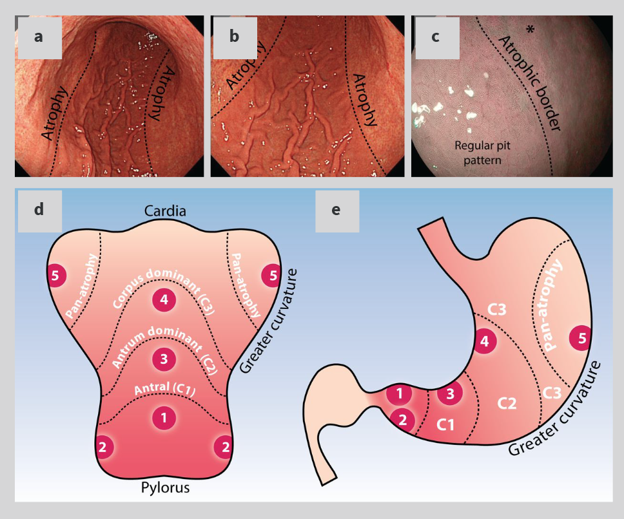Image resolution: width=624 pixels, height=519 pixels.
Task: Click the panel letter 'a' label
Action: [38, 37]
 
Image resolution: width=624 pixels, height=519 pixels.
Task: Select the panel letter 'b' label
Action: [234, 36]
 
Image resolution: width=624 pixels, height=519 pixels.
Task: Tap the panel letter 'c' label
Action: [435, 37]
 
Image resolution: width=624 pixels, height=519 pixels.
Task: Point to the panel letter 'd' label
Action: [39, 209]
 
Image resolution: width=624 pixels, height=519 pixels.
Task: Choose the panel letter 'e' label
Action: [336, 210]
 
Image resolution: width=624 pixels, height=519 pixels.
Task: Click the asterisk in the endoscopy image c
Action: [530, 30]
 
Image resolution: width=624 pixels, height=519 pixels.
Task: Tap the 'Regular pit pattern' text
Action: [482, 153]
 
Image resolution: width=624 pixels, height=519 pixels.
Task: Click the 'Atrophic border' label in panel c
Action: [529, 83]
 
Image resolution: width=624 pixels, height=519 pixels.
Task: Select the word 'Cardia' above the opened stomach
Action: [165, 211]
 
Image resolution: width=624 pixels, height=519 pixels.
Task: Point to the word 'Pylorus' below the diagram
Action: [165, 487]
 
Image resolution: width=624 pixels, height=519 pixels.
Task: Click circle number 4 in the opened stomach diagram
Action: [164, 299]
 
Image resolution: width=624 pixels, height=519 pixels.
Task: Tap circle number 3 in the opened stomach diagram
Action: [164, 359]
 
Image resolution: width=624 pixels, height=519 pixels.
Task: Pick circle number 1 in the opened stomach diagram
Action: [164, 418]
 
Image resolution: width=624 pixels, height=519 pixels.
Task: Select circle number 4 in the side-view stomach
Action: [484, 341]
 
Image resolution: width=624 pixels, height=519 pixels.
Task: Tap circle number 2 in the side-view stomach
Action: [402, 420]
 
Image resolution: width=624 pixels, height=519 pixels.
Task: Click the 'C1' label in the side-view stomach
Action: [445, 425]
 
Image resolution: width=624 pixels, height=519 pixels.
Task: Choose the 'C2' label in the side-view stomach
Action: [507, 403]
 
